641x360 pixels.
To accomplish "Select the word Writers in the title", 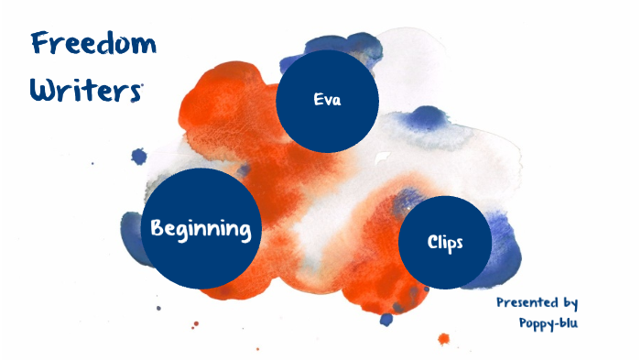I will pyautogui.click(x=84, y=90).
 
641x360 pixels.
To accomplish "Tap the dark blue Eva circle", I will pyautogui.click(x=327, y=100).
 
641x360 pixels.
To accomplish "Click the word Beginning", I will pyautogui.click(x=201, y=228).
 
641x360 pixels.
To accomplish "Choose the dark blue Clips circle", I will pyautogui.click(x=445, y=242).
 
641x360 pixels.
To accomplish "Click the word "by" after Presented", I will pyautogui.click(x=569, y=302).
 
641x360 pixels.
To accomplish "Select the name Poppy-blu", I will pyautogui.click(x=548, y=322).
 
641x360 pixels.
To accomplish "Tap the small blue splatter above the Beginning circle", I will pyautogui.click(x=139, y=157).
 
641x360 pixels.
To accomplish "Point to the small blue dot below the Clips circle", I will pyautogui.click(x=386, y=319).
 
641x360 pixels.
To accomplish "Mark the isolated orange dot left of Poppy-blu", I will pyautogui.click(x=443, y=338).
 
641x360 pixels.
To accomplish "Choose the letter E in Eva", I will pyautogui.click(x=317, y=100).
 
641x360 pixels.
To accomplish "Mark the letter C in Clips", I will pyautogui.click(x=431, y=242).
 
